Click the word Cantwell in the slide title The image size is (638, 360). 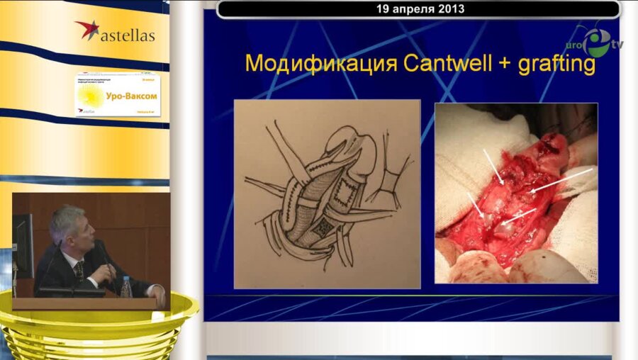pyautogui.click(x=440, y=64)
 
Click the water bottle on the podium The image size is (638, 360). pyautogui.click(x=126, y=287)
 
